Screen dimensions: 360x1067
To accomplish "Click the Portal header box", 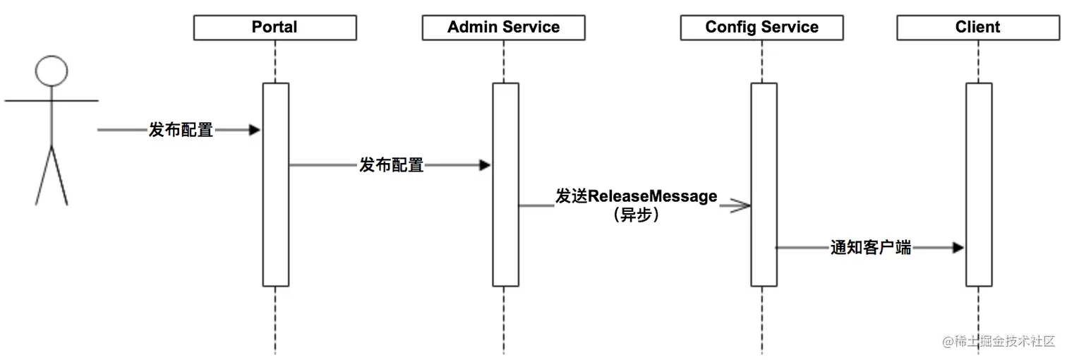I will click(275, 28).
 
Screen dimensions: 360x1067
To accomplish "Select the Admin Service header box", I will click(503, 28).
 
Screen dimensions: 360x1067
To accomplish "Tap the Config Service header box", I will click(761, 28).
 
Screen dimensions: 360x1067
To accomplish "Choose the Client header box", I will click(977, 28).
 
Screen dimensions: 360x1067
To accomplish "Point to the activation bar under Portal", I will click(275, 184).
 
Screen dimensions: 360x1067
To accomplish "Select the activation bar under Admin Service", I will click(505, 184).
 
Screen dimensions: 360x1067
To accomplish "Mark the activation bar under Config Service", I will click(764, 184).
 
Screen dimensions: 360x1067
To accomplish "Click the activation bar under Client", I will click(979, 184).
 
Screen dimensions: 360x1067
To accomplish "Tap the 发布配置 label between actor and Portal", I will click(181, 130).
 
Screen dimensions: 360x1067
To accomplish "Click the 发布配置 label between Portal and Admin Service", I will click(392, 165).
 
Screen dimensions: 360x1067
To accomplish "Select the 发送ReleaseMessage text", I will click(636, 196).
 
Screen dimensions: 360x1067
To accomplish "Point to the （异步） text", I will click(636, 215).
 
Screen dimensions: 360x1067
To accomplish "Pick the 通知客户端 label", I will click(870, 248).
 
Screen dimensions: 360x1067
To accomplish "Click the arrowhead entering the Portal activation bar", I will click(255, 130).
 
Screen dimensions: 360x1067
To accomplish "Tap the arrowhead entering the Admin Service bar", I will click(484, 165).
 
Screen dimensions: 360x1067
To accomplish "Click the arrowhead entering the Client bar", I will click(958, 248).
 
